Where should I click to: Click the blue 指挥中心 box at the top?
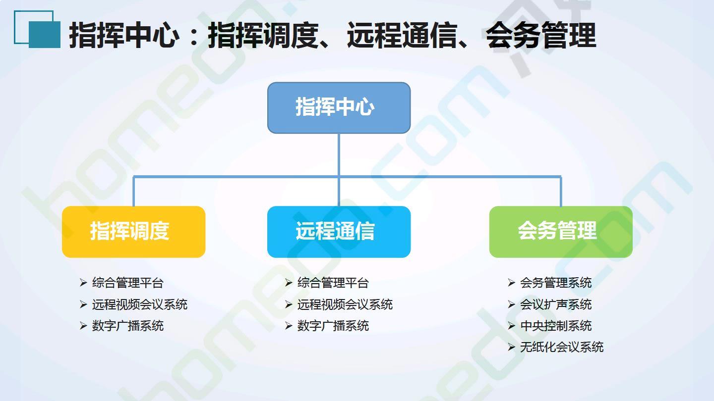339,108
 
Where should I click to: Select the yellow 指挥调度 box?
133,232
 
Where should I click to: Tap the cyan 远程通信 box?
339,232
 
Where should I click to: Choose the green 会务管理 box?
561,232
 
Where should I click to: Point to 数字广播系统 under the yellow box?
128,326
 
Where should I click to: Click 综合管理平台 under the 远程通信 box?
333,283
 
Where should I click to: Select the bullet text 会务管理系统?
556,283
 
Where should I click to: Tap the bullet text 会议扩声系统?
556,304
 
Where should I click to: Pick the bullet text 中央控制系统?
556,326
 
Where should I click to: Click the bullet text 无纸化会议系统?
562,347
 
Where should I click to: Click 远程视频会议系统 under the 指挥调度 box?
140,304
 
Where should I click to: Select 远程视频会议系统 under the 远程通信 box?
345,304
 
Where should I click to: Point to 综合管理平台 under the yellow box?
128,283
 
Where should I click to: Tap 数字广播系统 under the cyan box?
333,326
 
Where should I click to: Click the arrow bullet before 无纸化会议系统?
511,347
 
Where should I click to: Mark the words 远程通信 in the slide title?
402,35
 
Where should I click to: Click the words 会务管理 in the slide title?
541,35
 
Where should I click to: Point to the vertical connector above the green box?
561,191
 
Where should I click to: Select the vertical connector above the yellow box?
133,191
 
